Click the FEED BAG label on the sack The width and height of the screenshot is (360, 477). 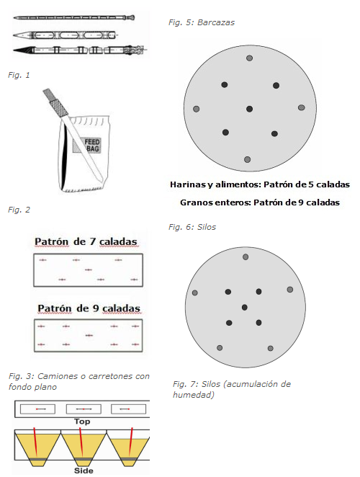click(87, 145)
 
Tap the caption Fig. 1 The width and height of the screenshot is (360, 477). click(19, 75)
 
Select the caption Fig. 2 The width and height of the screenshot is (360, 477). click(19, 210)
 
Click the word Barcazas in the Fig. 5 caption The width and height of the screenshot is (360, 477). click(216, 22)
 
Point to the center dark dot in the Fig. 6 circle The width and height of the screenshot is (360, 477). click(249, 109)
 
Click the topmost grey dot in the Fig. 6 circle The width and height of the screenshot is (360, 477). click(249, 58)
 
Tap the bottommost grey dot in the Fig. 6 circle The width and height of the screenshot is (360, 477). click(247, 159)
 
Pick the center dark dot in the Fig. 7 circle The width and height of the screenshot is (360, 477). click(245, 307)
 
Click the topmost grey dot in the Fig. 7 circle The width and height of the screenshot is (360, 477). click(246, 257)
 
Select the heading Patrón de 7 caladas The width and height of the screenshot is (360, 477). click(86, 242)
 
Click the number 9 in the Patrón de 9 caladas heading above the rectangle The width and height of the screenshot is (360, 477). click(96, 308)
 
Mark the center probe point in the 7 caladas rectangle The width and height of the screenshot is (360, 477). click(88, 269)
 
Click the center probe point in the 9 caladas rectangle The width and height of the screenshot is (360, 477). click(89, 335)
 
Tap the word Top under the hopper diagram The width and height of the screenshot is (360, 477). click(82, 422)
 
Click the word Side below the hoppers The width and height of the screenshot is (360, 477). click(84, 471)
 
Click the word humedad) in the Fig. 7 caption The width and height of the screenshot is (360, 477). click(194, 395)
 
